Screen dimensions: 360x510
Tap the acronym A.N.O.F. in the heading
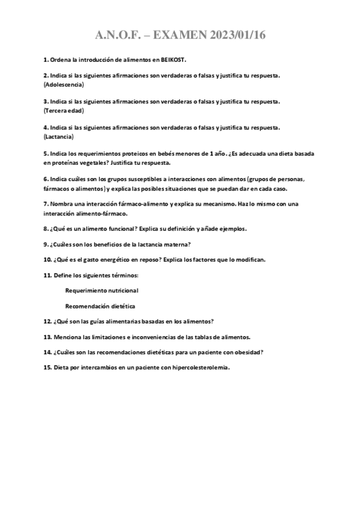pyautogui.click(x=120, y=36)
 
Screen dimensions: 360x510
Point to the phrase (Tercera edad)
pyautogui.click(x=64, y=111)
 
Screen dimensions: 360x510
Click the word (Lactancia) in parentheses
pyautogui.click(x=59, y=137)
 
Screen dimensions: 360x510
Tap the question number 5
pyautogui.click(x=46, y=154)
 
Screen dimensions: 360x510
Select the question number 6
pyautogui.click(x=46, y=179)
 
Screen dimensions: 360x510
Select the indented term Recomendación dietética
pyautogui.click(x=100, y=306)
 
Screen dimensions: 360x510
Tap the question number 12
pyautogui.click(x=47, y=321)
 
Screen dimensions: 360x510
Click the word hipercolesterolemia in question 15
pyautogui.click(x=198, y=367)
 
